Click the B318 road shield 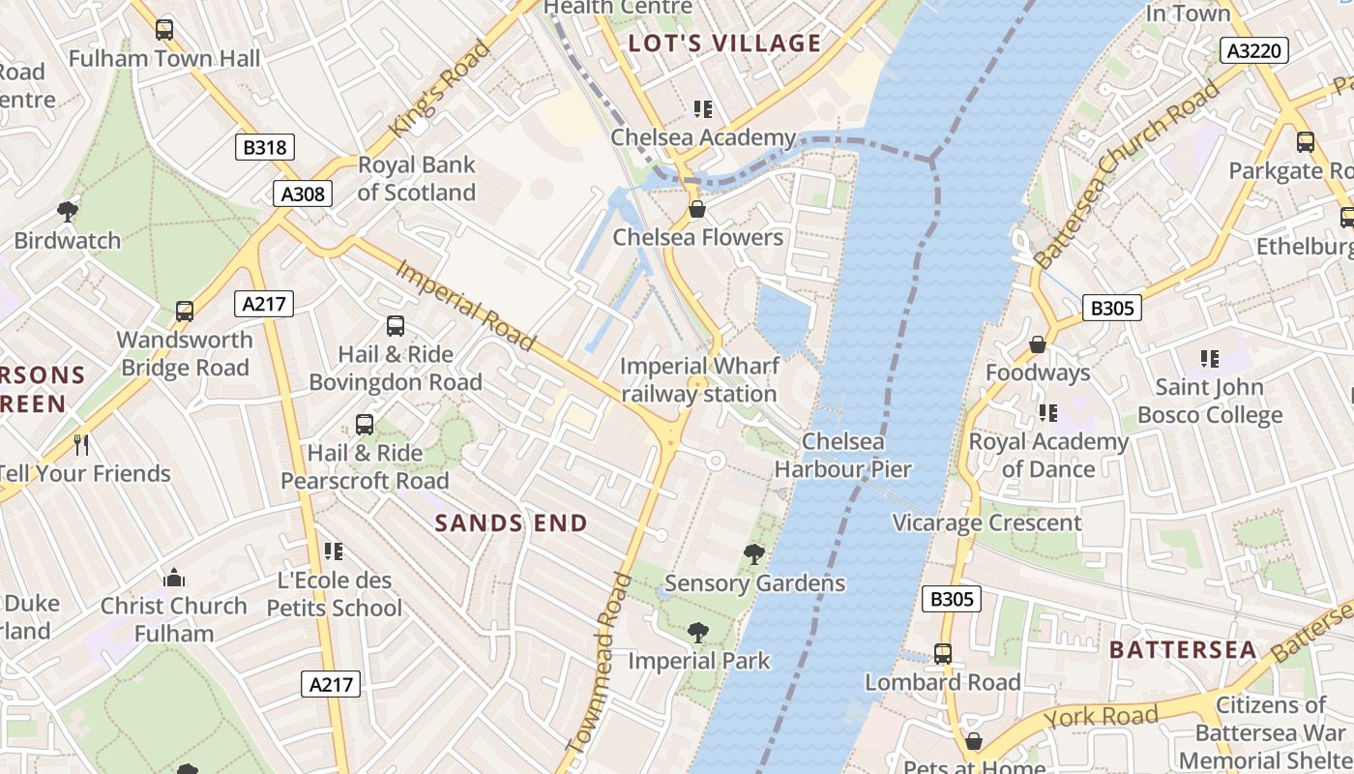tap(265, 147)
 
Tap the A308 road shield tap(303, 193)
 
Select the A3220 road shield tap(1254, 50)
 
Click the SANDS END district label tap(511, 523)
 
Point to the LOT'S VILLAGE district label tap(724, 44)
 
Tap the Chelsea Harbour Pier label tap(842, 456)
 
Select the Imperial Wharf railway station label tap(698, 380)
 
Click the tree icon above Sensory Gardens tap(754, 554)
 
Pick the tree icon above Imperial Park tap(697, 633)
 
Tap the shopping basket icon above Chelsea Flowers tap(696, 209)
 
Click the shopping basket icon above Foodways tap(1038, 344)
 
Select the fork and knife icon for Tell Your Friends tap(81, 445)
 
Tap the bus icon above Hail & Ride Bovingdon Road tap(395, 326)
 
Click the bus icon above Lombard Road tap(942, 654)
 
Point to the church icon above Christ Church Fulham tap(174, 578)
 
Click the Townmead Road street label tap(598, 664)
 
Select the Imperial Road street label tap(465, 305)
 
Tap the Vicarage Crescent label tap(986, 523)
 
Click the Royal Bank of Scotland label tap(417, 178)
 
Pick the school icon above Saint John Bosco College tap(1209, 359)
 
